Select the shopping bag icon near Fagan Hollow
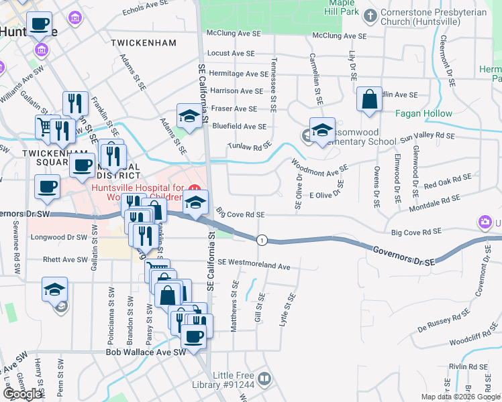[x=369, y=99]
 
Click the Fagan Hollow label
[x=423, y=114]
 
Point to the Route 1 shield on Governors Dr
[x=262, y=240]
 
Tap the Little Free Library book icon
[x=265, y=380]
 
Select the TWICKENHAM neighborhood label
[x=144, y=43]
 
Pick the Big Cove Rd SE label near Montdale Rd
[x=415, y=232]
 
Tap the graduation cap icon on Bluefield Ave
[x=189, y=117]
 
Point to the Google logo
[x=23, y=394]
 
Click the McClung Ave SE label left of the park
[x=234, y=33]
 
